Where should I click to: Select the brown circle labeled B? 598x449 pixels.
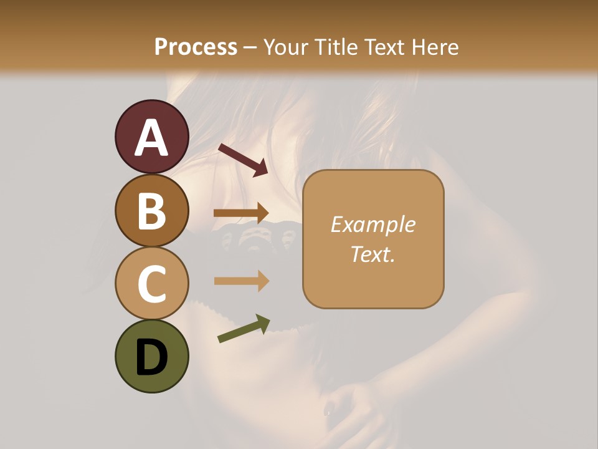152,211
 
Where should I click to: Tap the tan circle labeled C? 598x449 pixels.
152,284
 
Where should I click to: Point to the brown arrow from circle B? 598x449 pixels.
241,213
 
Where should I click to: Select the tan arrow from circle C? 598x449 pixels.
241,281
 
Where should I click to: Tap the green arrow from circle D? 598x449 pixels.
244,329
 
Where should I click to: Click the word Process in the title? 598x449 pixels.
196,47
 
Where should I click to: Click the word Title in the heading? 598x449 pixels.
336,47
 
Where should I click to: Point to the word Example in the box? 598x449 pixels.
373,224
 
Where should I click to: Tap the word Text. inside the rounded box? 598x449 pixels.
373,254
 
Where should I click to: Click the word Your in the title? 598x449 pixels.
286,47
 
